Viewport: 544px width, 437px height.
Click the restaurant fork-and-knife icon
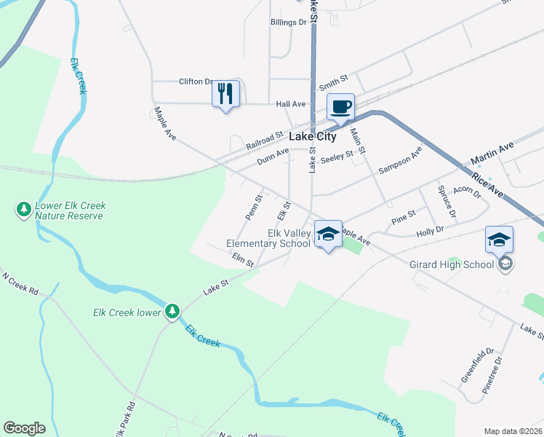[x=225, y=94]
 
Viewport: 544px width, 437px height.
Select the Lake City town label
[x=313, y=136]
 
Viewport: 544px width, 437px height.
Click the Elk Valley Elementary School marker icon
[x=328, y=235]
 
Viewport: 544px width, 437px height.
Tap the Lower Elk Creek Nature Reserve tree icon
[x=23, y=210]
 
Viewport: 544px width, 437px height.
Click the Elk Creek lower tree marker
[x=172, y=312]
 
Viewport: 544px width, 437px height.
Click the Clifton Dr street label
[x=196, y=82]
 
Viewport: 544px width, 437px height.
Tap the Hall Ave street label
[x=290, y=104]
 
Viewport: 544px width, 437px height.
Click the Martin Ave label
[x=492, y=154]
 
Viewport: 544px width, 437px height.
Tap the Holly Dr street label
[x=430, y=232]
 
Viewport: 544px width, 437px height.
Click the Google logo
[x=24, y=428]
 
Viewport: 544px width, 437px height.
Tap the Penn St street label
[x=253, y=208]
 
